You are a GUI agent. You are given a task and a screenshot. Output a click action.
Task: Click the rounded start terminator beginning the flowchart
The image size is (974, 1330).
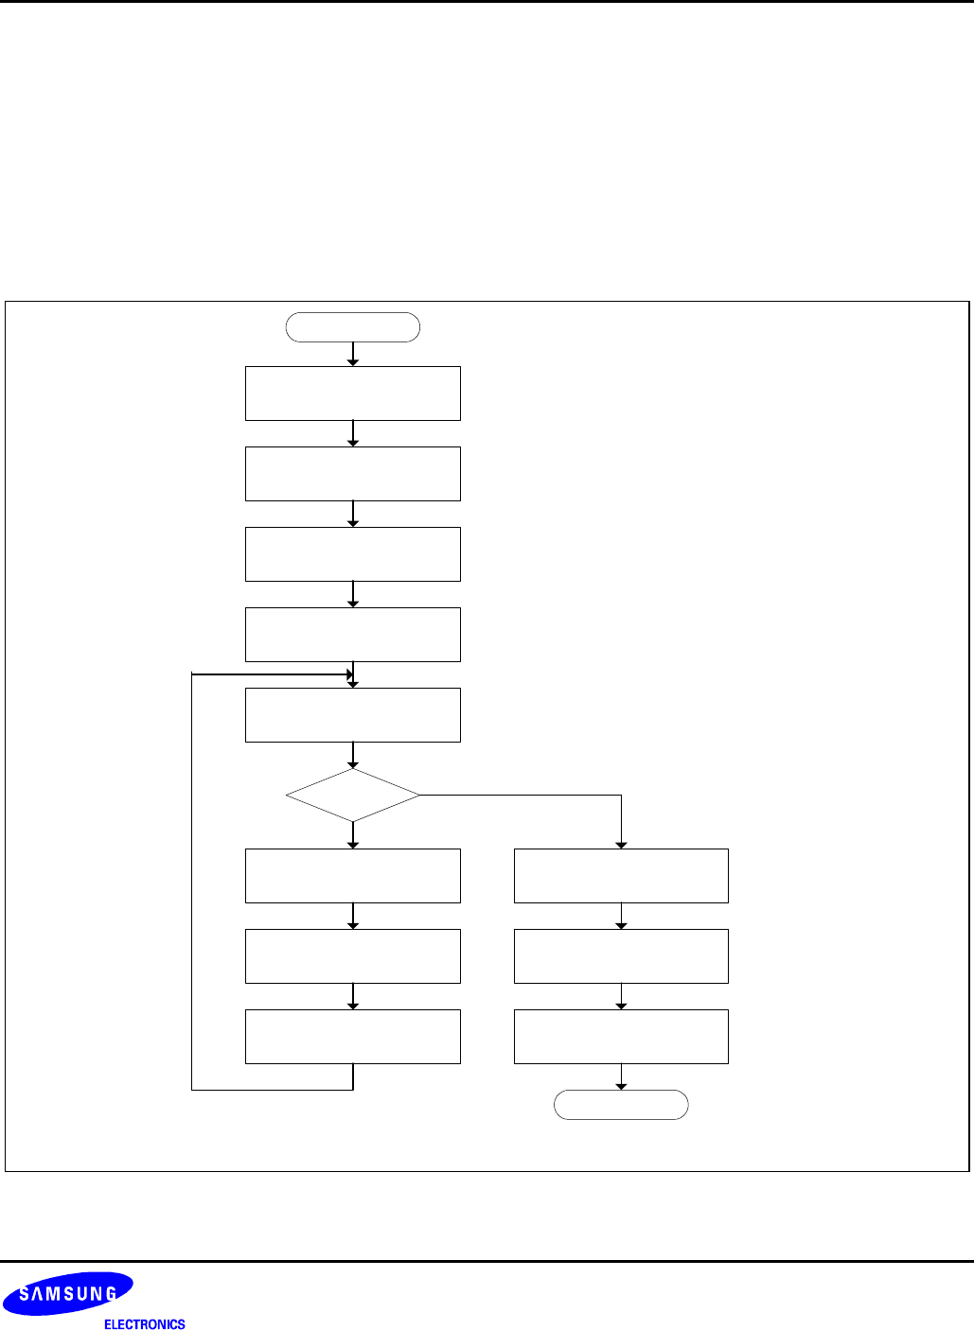352,327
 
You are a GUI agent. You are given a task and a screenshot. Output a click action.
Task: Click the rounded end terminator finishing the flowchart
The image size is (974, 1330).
621,1105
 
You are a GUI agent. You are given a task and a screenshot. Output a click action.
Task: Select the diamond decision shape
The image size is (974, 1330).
352,795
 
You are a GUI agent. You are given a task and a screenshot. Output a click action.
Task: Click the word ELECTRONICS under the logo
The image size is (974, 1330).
145,1324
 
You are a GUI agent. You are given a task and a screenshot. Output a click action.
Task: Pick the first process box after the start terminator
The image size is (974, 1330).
352,394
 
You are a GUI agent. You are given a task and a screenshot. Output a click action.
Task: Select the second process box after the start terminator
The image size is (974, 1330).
352,474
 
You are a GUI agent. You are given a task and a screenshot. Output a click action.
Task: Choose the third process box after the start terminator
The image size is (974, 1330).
352,554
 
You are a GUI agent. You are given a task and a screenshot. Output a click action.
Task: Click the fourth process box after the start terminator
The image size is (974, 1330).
352,635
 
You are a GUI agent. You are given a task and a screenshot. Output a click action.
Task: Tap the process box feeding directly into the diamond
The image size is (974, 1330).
352,715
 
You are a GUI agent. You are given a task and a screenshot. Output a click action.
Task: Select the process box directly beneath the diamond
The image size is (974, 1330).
352,876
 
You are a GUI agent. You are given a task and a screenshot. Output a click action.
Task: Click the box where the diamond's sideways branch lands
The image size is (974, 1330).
621,876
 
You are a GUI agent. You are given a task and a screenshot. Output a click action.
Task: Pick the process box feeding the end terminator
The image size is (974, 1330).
621,1037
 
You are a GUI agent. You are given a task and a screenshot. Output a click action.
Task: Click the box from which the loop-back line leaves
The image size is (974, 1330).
352,1037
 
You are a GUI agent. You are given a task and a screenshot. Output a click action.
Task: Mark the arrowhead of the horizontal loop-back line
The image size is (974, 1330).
349,674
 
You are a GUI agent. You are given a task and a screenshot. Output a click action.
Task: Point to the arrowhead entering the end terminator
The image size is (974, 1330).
621,1086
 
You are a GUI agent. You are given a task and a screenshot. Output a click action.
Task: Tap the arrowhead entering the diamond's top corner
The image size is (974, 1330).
353,764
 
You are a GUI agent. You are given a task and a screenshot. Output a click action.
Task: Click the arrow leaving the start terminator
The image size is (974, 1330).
353,354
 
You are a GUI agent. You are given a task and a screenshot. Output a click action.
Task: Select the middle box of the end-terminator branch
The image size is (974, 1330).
621,956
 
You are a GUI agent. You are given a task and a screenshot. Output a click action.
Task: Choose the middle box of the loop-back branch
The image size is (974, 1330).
352,956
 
